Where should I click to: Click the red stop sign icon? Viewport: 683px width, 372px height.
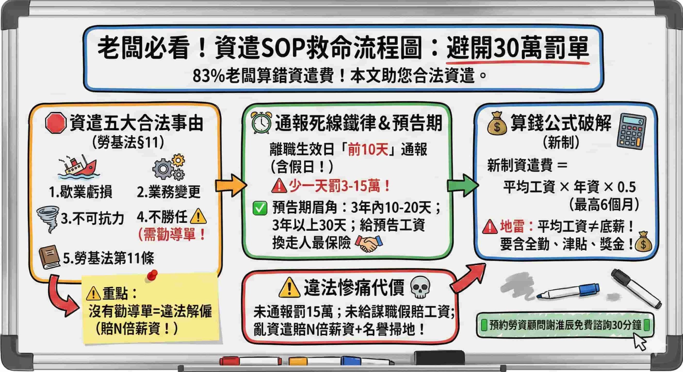(x=55, y=123)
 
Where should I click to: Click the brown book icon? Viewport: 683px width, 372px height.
(x=49, y=257)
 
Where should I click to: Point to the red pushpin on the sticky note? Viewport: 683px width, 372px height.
(x=152, y=275)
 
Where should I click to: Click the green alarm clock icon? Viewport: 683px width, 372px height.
(x=261, y=123)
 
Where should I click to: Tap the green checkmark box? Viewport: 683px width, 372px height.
(x=260, y=208)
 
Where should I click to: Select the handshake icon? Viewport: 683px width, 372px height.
(x=369, y=243)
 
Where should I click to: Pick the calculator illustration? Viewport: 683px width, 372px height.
(x=631, y=131)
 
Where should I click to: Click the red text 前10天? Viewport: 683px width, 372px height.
(x=368, y=149)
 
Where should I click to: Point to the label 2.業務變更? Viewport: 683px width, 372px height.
(x=169, y=192)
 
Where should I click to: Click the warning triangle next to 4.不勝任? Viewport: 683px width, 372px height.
(x=198, y=216)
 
